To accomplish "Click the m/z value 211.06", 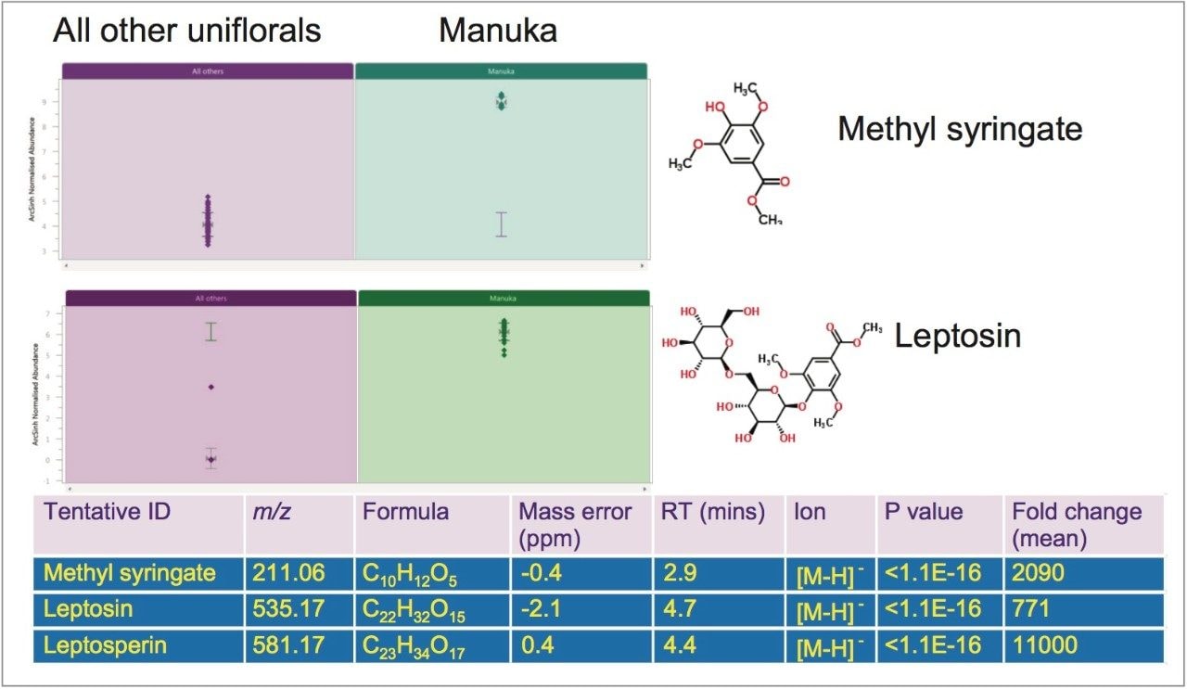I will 288,574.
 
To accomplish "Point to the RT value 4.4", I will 678,644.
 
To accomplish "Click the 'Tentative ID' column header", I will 107,512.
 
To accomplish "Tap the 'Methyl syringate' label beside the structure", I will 960,128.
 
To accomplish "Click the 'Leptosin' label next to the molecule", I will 957,336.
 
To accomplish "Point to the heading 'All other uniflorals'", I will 186,31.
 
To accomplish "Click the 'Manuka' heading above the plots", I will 498,31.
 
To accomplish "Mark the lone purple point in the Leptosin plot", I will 211,387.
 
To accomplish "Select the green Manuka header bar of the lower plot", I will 503,298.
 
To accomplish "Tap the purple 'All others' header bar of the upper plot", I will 208,70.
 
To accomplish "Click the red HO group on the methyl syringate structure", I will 715,107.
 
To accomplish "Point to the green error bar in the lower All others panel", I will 211,331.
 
